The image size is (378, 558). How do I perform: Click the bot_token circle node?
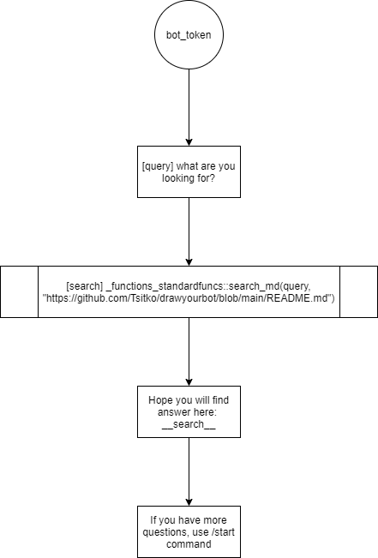click(189, 34)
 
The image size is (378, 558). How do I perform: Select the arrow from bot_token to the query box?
click(189, 107)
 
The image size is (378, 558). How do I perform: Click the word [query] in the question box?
click(158, 166)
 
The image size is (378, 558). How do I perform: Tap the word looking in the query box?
click(174, 178)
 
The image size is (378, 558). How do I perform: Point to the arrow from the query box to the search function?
click(189, 231)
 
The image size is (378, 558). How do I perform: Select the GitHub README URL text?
click(189, 298)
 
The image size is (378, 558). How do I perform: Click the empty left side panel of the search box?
click(19, 291)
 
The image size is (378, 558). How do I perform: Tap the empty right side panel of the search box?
click(359, 291)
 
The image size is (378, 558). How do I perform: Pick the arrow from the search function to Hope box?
click(189, 351)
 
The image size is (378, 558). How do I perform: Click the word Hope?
click(160, 400)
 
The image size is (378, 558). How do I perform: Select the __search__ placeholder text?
click(189, 424)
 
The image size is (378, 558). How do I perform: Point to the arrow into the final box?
click(189, 471)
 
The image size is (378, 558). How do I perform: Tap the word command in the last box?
click(189, 544)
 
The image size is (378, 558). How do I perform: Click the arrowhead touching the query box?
click(189, 141)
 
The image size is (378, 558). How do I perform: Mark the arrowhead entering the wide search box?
click(189, 261)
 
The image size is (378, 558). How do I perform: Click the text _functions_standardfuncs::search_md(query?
click(208, 286)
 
